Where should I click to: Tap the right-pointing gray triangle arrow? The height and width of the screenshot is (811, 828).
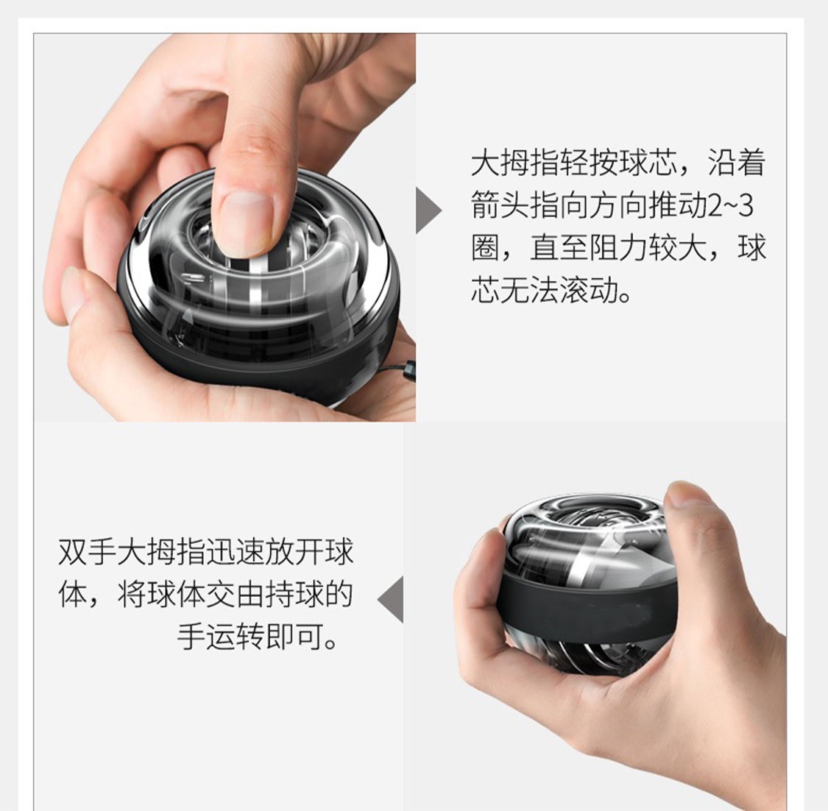428,210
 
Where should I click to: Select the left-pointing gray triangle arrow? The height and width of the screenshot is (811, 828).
391,599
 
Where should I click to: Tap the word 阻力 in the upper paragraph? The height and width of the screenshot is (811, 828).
618,248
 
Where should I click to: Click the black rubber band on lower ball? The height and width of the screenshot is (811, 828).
586,606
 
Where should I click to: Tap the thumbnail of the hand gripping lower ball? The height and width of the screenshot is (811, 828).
693,495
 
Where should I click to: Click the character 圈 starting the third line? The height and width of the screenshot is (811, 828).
485,248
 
